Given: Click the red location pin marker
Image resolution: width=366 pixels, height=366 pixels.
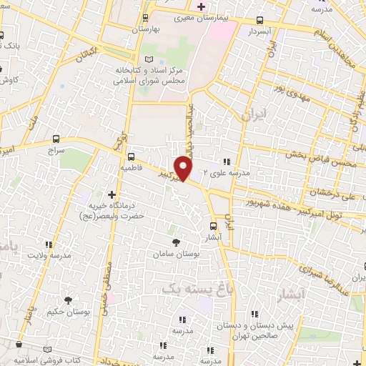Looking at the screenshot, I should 184,169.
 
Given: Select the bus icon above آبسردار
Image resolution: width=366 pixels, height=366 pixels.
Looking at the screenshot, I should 259,21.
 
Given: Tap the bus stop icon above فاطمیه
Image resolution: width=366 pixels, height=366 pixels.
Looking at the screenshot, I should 131,157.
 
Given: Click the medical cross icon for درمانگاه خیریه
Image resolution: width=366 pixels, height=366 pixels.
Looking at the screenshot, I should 112,194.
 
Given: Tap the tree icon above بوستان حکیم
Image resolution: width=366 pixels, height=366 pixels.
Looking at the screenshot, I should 69,300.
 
